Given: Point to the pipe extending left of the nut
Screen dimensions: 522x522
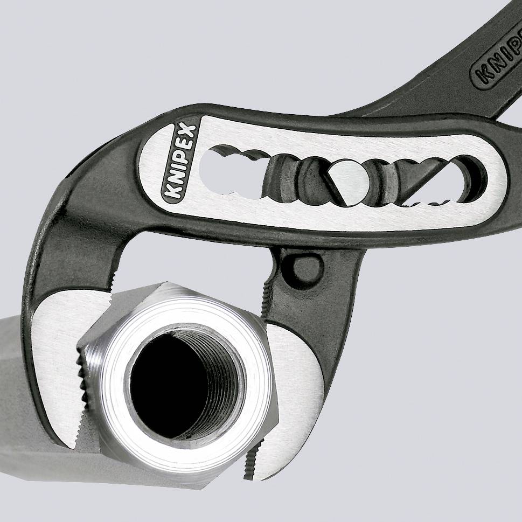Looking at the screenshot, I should [32, 388].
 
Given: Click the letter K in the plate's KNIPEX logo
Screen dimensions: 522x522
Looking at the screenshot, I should [168, 192].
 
